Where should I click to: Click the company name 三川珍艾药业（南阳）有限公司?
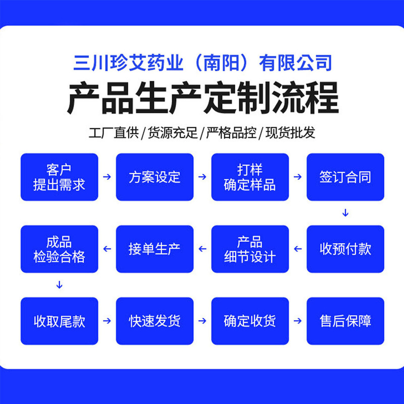coord(203,64)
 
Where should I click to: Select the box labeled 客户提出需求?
coord(59,177)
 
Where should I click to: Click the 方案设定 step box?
coord(155,177)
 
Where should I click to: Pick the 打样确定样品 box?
coord(250,177)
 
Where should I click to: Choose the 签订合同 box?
coord(345,177)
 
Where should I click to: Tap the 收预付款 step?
coord(345,249)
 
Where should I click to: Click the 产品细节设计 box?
coord(250,249)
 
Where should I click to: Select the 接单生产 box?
coord(155,249)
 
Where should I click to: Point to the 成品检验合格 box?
coord(59,249)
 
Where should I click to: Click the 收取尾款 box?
coord(59,321)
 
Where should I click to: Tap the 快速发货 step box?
coord(155,321)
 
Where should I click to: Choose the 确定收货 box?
coord(250,321)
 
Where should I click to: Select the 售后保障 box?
coord(345,321)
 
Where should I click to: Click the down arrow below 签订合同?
coord(345,213)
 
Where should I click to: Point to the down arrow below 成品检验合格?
coord(59,285)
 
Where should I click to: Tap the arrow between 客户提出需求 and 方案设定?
coord(107,177)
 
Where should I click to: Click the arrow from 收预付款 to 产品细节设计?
coord(298,249)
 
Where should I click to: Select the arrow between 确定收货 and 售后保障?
coord(298,321)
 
